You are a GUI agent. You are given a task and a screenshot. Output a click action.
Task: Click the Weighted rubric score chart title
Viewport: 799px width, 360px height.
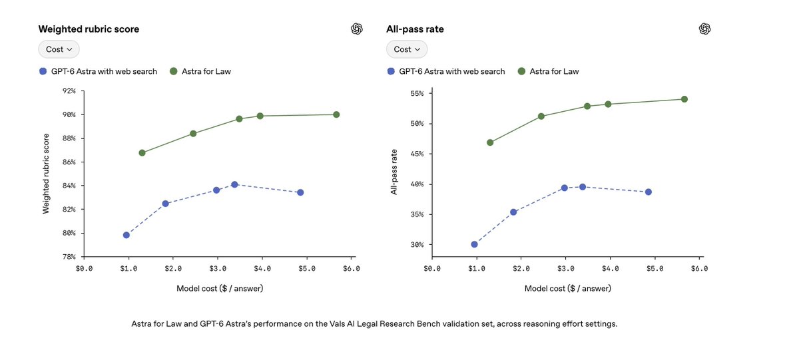click(x=89, y=29)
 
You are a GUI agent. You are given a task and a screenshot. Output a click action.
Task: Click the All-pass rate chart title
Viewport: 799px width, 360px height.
click(x=415, y=29)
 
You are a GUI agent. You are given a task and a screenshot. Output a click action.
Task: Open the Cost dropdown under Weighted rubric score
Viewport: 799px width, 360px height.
click(x=59, y=49)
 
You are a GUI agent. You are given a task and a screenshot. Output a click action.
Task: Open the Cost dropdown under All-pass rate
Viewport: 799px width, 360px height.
click(x=407, y=49)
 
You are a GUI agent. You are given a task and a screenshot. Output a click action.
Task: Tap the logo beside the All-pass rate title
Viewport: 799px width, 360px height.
click(x=704, y=29)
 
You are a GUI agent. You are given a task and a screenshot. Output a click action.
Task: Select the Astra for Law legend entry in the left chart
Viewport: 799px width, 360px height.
click(x=200, y=71)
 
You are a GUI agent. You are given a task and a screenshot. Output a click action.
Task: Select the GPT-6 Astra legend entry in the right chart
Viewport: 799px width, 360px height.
click(x=446, y=71)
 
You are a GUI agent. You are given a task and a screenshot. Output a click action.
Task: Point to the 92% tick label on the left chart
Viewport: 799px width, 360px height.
click(x=69, y=91)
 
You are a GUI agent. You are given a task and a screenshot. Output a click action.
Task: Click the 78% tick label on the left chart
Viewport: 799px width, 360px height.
click(x=69, y=257)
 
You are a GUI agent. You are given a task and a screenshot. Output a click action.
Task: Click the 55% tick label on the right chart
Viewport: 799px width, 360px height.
click(x=417, y=93)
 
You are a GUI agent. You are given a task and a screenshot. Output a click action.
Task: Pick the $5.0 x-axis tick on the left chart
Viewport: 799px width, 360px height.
click(x=307, y=268)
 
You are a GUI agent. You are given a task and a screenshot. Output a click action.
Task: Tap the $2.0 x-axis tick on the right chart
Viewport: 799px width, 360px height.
click(x=521, y=268)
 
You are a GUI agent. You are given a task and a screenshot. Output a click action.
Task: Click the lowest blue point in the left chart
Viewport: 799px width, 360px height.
click(x=127, y=236)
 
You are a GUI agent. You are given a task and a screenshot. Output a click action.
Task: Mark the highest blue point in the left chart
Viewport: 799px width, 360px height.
click(x=234, y=184)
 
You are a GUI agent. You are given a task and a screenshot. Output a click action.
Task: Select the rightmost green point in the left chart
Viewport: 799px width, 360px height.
click(x=336, y=114)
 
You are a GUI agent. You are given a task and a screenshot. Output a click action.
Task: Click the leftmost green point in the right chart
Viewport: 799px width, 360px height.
click(x=490, y=142)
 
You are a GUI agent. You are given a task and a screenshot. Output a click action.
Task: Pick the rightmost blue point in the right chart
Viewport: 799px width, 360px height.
click(x=649, y=192)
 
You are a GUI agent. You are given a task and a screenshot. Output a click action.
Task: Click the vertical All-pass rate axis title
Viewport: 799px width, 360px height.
click(x=394, y=172)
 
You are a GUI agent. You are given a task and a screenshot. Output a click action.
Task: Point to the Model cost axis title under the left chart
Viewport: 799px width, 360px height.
click(x=220, y=288)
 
